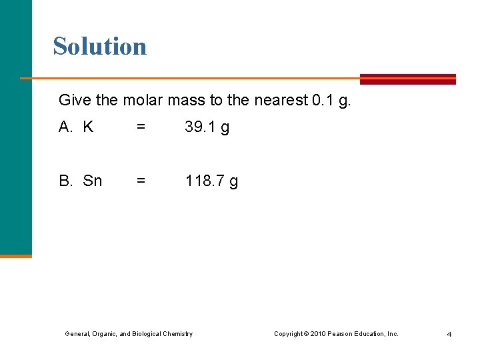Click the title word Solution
pyautogui.click(x=100, y=46)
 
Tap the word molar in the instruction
pyautogui.click(x=143, y=101)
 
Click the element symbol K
pyautogui.click(x=88, y=127)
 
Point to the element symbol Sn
pyautogui.click(x=93, y=181)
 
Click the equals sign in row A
pyautogui.click(x=139, y=127)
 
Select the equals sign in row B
pyautogui.click(x=139, y=181)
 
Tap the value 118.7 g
pyautogui.click(x=211, y=181)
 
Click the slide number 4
pyautogui.click(x=449, y=334)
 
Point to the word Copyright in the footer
pyautogui.click(x=289, y=333)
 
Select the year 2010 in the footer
pyautogui.click(x=318, y=333)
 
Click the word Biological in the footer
pyautogui.click(x=147, y=333)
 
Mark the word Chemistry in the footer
pyautogui.click(x=178, y=333)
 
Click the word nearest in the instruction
pyautogui.click(x=279, y=101)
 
